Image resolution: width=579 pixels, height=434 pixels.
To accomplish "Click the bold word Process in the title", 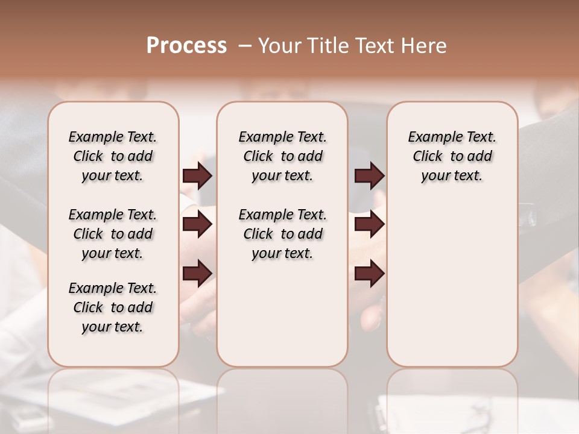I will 186,46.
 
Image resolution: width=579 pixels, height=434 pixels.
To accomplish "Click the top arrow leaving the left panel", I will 197,176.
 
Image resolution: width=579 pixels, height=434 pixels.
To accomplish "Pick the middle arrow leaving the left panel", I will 197,225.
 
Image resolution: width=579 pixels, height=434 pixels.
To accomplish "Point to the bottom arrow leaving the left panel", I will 197,273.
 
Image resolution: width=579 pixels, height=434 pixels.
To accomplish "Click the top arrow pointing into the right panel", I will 369,176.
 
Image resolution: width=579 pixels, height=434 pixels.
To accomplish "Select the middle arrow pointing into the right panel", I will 369,225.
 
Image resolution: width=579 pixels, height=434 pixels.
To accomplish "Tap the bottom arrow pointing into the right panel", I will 369,273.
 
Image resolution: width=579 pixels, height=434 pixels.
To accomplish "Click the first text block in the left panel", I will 113,156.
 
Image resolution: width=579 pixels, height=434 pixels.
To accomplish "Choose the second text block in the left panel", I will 113,234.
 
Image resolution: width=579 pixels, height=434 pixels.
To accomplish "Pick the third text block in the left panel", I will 113,307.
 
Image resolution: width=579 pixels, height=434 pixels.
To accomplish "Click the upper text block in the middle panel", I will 282,156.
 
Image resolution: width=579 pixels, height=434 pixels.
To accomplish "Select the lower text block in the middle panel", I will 282,234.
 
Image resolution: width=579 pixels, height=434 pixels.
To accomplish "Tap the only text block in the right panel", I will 452,156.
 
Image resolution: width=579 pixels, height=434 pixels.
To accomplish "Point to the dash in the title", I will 245,46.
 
